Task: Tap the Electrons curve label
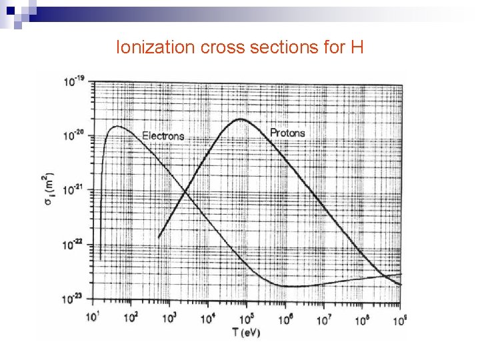(x=163, y=136)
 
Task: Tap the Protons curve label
(x=287, y=133)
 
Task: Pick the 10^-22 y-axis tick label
(x=74, y=245)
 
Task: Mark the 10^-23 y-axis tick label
(x=74, y=299)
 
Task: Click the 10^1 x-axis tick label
(x=93, y=315)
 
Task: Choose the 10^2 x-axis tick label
(x=132, y=315)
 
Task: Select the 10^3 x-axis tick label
(x=170, y=316)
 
